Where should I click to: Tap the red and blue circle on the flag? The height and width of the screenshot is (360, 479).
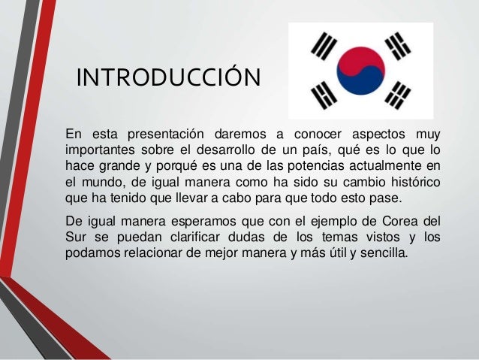coord(360,70)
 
